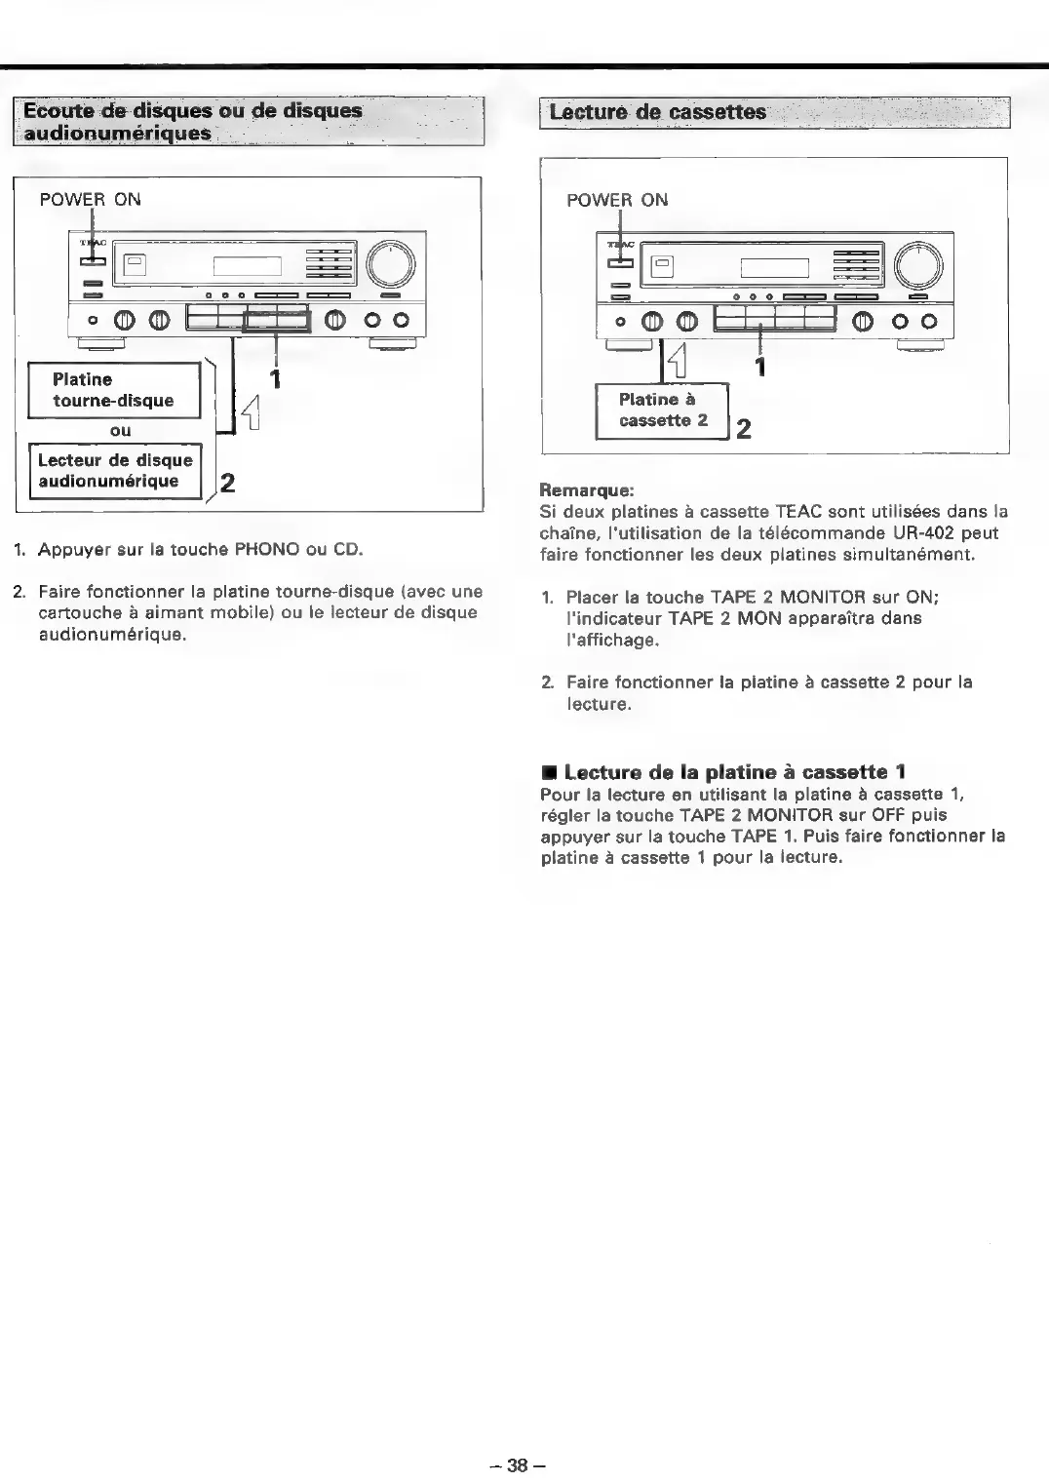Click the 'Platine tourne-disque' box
pyautogui.click(x=113, y=390)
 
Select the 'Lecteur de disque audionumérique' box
pyautogui.click(x=115, y=471)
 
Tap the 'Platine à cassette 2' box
pyautogui.click(x=662, y=410)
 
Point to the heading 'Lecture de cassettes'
pyautogui.click(x=658, y=112)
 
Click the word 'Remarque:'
pyautogui.click(x=587, y=490)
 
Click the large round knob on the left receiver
pyautogui.click(x=390, y=263)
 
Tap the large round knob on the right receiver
pyautogui.click(x=918, y=263)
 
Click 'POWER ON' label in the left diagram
pyautogui.click(x=90, y=200)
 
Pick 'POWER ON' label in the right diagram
pyautogui.click(x=617, y=200)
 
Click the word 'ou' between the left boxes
pyautogui.click(x=120, y=430)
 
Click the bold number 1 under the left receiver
pyautogui.click(x=276, y=378)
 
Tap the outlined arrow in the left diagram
pyautogui.click(x=251, y=411)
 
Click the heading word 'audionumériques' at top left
pyautogui.click(x=117, y=133)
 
